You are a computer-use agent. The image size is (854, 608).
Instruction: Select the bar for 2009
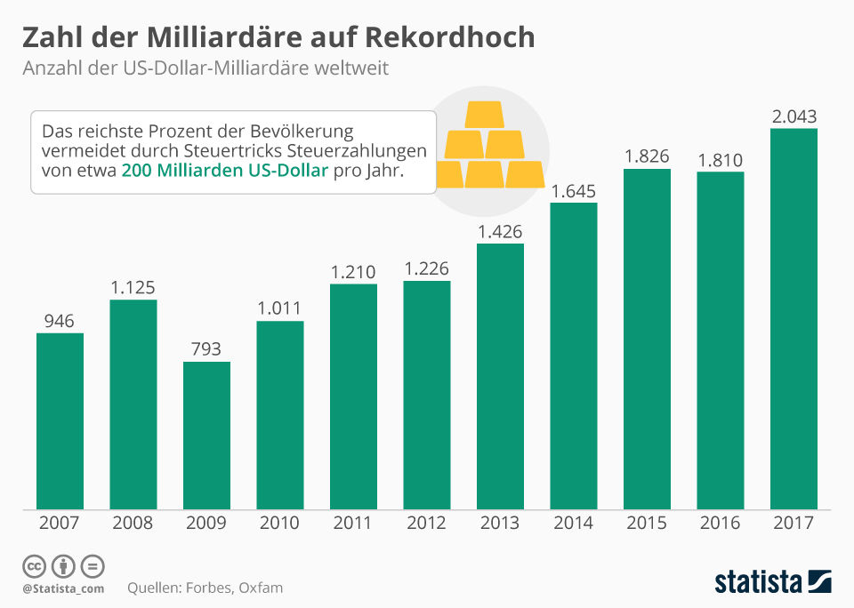pyautogui.click(x=206, y=435)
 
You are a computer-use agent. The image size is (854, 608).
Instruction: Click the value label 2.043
pyautogui.click(x=794, y=116)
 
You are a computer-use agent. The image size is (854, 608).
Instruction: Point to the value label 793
pyautogui.click(x=206, y=349)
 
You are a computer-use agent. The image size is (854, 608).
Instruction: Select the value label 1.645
pyautogui.click(x=574, y=191)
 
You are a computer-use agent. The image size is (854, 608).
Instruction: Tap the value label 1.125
pyautogui.click(x=133, y=288)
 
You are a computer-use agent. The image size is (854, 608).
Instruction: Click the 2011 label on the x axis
pyautogui.click(x=353, y=524)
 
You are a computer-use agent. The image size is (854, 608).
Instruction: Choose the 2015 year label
pyautogui.click(x=647, y=524)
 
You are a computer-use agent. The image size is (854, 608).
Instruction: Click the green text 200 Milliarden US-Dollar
pyautogui.click(x=226, y=171)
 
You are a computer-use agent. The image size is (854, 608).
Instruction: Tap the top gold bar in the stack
pyautogui.click(x=485, y=116)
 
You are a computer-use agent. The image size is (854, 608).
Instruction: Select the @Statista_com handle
pyautogui.click(x=63, y=588)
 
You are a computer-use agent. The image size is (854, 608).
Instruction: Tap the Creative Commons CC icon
pyautogui.click(x=34, y=566)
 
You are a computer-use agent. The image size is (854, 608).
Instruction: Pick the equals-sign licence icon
pyautogui.click(x=93, y=566)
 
